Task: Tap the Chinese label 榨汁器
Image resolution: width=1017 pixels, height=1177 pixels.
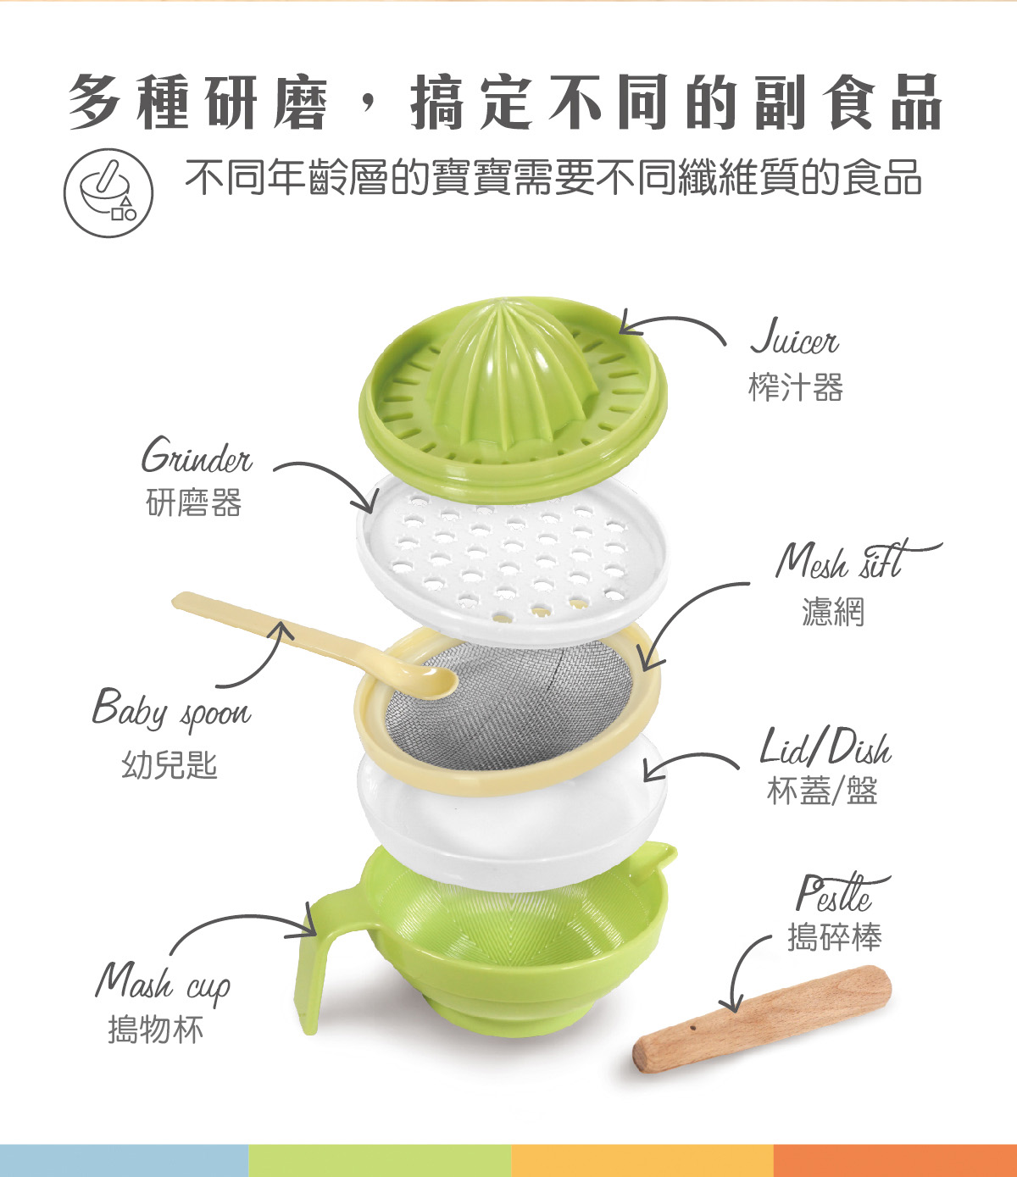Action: coord(795,388)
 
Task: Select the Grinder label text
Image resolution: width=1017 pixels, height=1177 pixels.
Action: coord(197,458)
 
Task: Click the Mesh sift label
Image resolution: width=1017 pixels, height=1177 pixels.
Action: coord(847,561)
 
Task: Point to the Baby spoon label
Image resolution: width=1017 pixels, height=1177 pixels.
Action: coord(172,710)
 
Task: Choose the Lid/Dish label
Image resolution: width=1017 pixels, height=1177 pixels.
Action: coord(825,748)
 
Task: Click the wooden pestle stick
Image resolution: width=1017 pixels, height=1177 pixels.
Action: coord(763,1021)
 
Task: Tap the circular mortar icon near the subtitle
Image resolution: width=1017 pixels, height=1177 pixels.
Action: coord(108,193)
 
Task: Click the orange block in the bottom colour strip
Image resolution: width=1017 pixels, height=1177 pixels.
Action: coord(894,1160)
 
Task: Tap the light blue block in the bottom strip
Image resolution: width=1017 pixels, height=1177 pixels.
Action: coord(124,1160)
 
